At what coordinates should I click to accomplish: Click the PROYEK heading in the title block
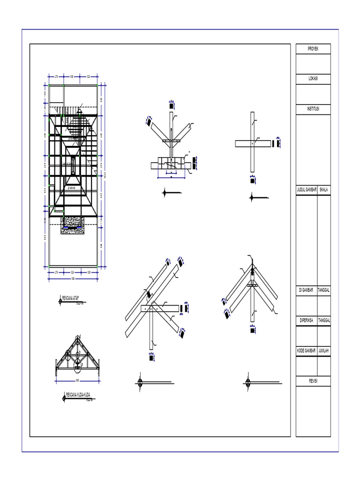click(x=313, y=49)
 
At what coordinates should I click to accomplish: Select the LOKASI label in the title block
click(x=313, y=79)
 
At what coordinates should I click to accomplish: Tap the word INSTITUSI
click(x=313, y=109)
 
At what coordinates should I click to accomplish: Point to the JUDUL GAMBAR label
click(x=307, y=190)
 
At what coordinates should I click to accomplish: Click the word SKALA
click(x=324, y=190)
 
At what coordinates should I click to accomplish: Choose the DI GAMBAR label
click(x=307, y=291)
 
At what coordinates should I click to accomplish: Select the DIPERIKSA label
click(x=307, y=321)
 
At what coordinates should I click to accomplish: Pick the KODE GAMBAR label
click(x=307, y=351)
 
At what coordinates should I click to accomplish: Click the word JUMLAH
click(x=324, y=351)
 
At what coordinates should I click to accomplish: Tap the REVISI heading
click(x=313, y=381)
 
